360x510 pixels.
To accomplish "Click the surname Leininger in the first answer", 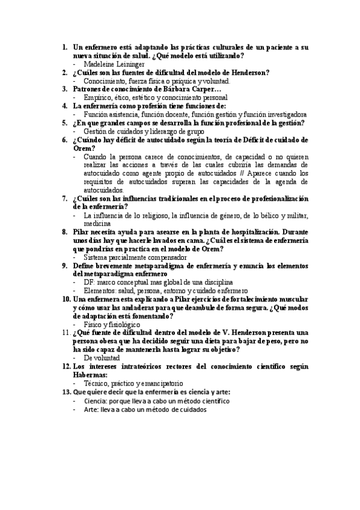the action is coord(130,64).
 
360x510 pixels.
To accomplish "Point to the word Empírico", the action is coord(98,97).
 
